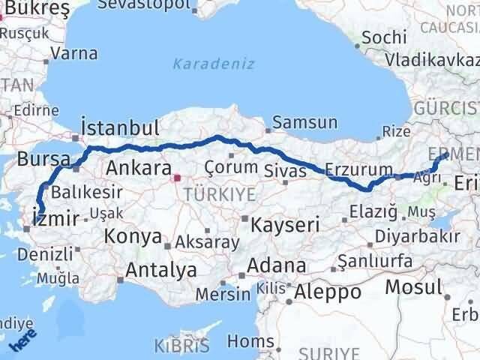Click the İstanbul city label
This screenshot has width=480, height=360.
tap(120, 126)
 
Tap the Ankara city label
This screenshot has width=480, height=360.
tap(139, 166)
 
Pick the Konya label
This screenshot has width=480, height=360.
tap(133, 237)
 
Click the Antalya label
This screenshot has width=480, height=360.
tap(161, 269)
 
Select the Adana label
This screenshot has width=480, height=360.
tap(278, 265)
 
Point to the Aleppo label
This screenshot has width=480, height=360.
tap(328, 291)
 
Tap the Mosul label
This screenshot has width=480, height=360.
tap(414, 286)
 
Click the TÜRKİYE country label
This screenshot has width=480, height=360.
tap(225, 193)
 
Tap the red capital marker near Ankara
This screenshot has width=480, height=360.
tap(177, 178)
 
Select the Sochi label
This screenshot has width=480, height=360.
tap(384, 36)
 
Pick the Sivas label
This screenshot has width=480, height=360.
tap(285, 171)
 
